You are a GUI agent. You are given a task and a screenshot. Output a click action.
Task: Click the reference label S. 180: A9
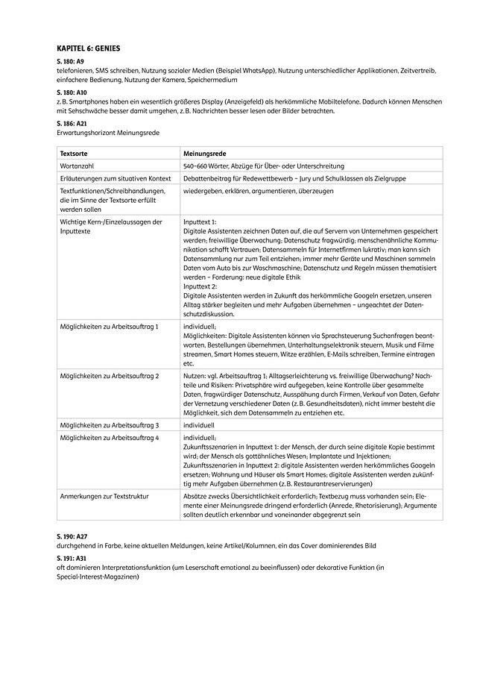click(x=70, y=60)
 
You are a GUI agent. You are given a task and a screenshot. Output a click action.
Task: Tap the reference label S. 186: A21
click(x=72, y=122)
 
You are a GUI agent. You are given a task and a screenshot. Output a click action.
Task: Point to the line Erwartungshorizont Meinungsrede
click(x=108, y=132)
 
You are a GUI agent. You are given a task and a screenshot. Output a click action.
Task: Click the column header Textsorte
click(x=73, y=152)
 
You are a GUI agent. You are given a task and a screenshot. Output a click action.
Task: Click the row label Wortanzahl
click(x=77, y=165)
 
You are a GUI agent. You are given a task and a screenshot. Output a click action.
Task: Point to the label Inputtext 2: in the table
click(x=200, y=286)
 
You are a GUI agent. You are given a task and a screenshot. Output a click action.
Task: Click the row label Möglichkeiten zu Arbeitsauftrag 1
click(x=109, y=327)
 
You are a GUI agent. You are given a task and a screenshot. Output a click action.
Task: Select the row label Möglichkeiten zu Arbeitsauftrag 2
click(x=110, y=376)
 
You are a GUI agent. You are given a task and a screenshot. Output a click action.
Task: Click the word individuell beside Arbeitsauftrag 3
click(x=199, y=425)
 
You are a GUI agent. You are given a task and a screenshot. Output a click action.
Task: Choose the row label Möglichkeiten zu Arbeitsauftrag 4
click(x=110, y=438)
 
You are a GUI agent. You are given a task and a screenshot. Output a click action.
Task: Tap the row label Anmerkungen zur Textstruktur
click(x=103, y=495)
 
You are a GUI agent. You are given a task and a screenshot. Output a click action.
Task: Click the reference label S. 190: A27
click(x=72, y=536)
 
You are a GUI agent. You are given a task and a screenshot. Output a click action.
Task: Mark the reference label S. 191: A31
click(x=72, y=558)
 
